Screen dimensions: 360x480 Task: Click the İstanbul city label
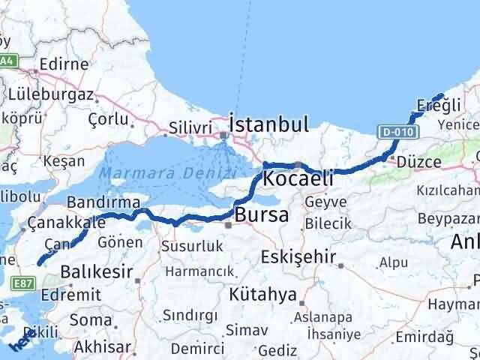click(269, 123)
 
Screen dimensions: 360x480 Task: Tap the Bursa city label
click(261, 216)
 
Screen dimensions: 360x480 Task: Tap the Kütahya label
click(265, 294)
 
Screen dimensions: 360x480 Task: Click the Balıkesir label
click(97, 271)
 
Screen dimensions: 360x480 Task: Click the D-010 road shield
click(395, 132)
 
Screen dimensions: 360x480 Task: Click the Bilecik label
click(328, 223)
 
